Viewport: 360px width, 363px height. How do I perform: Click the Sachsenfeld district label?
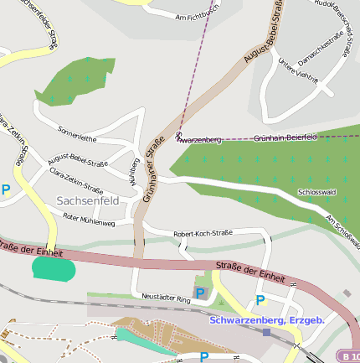(88, 201)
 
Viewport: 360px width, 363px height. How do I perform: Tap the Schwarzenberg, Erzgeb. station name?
(267, 319)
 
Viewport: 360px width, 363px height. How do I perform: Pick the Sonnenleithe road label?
(77, 134)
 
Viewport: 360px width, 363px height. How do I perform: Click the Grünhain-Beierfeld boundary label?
(285, 137)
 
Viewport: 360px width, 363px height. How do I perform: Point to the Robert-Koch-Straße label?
(202, 234)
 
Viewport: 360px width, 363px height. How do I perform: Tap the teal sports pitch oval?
(54, 269)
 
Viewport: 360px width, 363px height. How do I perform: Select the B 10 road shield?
(347, 355)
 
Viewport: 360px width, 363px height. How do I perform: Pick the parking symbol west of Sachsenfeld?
(6, 190)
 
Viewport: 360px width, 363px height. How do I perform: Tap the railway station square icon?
(266, 332)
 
